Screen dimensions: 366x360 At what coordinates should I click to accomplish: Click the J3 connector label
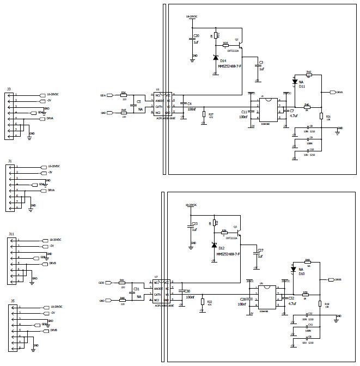point(9,89)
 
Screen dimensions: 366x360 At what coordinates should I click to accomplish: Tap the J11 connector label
point(11,233)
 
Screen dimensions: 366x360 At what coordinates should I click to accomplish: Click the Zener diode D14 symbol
point(216,58)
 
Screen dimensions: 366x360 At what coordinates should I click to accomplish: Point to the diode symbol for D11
point(295,81)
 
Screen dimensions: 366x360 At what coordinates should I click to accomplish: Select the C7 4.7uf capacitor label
point(292,113)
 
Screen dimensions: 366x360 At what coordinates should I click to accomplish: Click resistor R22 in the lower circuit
point(202,301)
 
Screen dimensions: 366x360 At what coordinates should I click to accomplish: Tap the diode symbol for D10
point(294,269)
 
